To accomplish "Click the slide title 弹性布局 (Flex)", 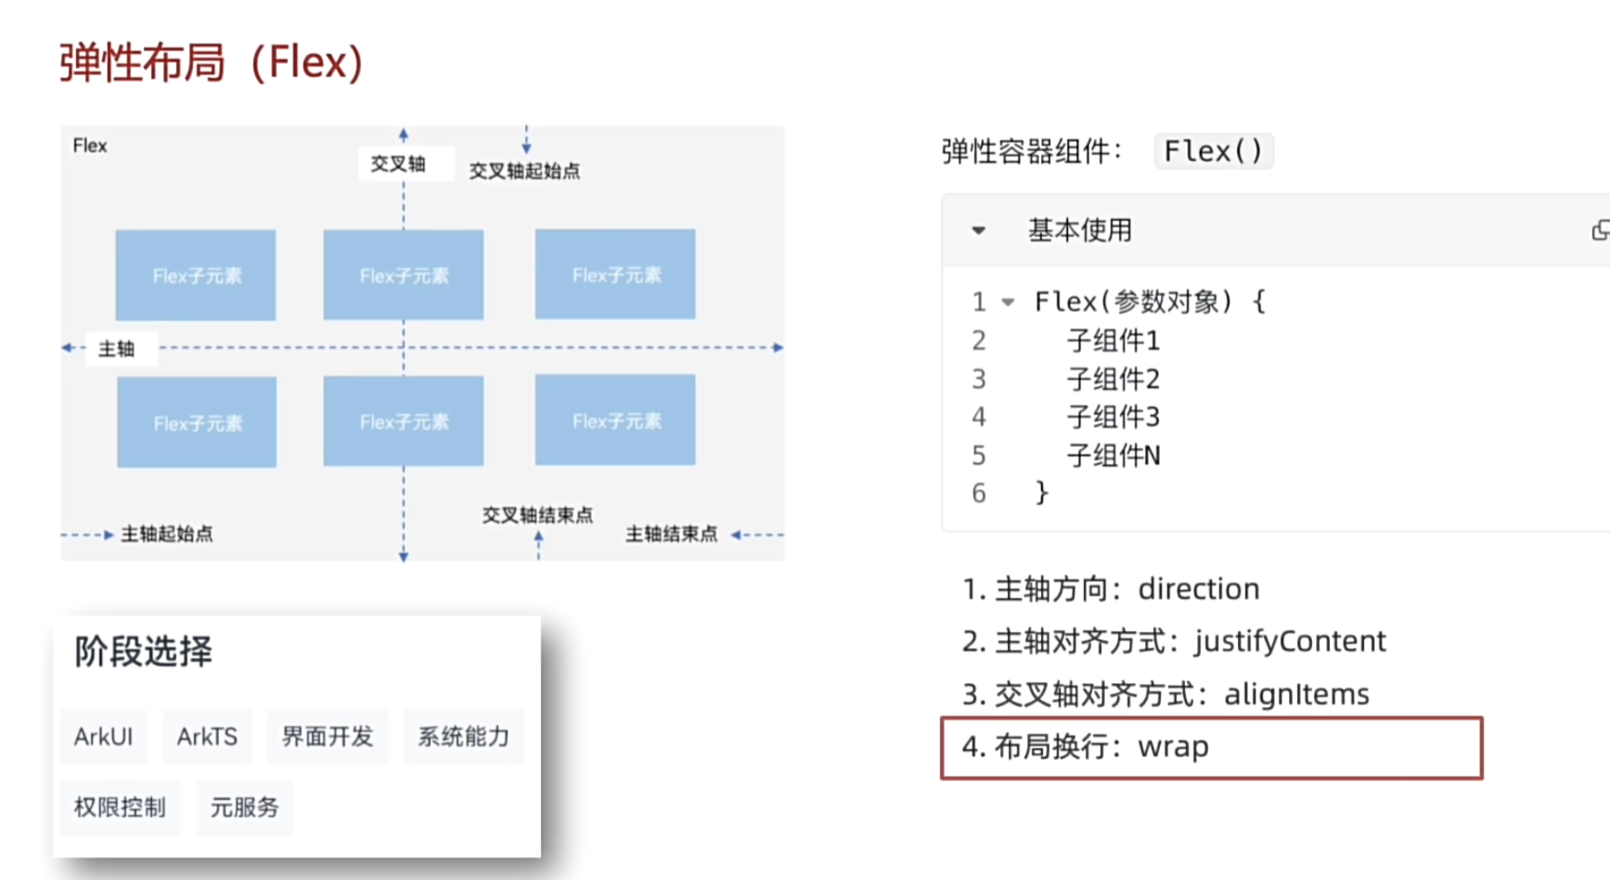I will pos(212,63).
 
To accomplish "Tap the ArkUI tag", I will pos(104,737).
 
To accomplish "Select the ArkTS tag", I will pos(207,737).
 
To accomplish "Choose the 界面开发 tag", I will pos(328,737).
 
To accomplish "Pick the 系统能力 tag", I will pos(463,737).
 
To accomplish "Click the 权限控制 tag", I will pos(120,808).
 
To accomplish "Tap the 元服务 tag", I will pos(244,808).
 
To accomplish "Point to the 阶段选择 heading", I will pos(144,652).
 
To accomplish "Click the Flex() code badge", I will pos(1213,151).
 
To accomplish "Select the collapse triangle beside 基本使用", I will pos(978,230).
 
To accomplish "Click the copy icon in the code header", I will pos(1600,230).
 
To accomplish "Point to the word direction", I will pos(1198,589).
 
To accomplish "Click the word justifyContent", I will pos(1290,641).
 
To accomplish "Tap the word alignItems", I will pos(1296,694).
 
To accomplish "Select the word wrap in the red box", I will pos(1173,747).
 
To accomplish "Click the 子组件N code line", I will pos(1114,456).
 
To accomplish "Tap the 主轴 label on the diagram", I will pos(117,349).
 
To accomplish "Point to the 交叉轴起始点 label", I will pos(524,171).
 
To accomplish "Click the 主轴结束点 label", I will pos(671,534).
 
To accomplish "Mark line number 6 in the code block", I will pos(979,493).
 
